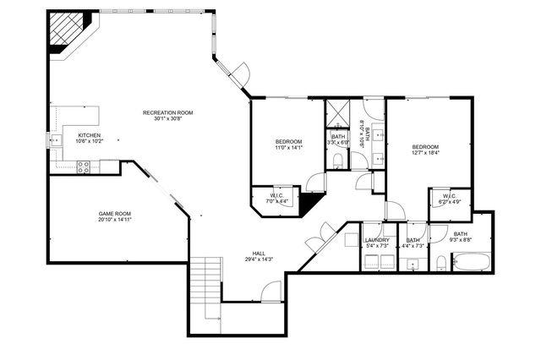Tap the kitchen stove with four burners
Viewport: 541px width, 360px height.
(85, 167)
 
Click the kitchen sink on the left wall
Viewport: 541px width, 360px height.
(55, 142)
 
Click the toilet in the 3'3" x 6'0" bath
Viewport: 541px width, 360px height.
(337, 160)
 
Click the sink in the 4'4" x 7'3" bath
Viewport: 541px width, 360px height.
(411, 264)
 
